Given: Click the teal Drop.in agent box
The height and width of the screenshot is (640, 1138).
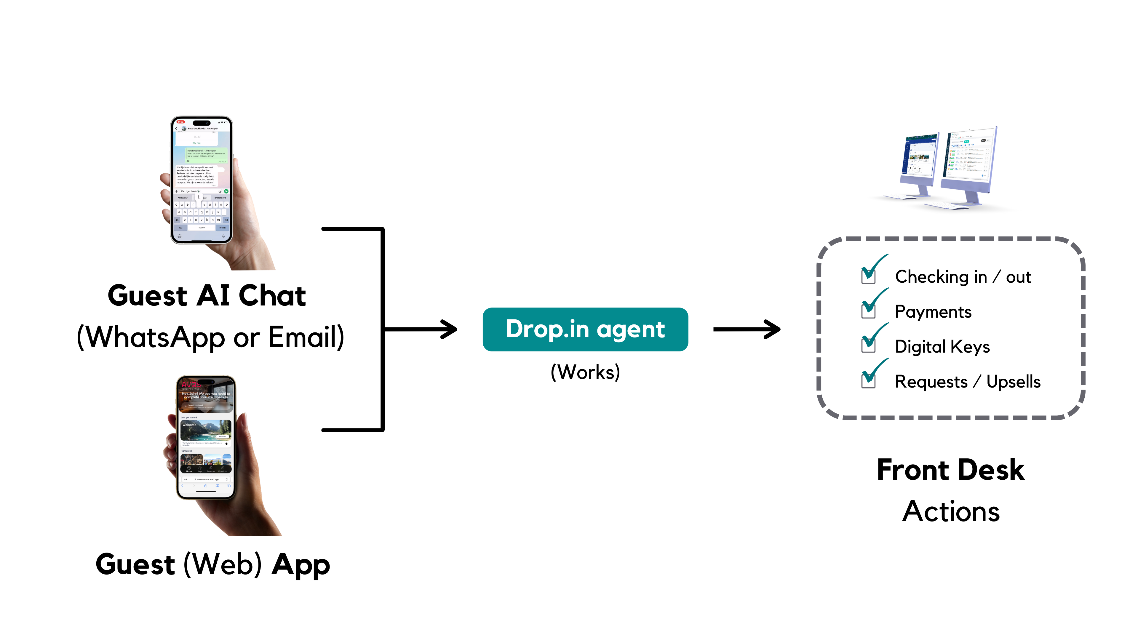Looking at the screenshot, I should [585, 329].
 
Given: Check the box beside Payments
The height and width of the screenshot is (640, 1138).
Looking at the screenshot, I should [868, 311].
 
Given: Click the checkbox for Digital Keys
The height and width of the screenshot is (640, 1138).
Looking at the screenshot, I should [868, 345].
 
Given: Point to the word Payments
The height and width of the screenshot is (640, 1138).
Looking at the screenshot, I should [933, 312].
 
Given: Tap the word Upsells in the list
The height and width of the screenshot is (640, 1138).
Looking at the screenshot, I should [1014, 382].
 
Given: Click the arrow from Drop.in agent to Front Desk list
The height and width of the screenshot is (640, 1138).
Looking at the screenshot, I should [747, 329].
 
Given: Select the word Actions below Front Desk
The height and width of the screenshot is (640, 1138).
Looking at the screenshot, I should [951, 511].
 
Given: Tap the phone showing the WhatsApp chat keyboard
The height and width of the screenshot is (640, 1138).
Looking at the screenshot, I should [202, 180].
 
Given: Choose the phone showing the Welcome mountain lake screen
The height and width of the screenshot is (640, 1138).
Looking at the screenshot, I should [206, 437].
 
